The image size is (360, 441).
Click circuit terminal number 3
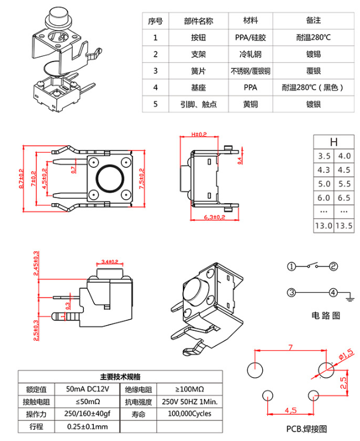pyautogui.click(x=291, y=292)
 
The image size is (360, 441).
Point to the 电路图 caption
pyautogui.click(x=325, y=316)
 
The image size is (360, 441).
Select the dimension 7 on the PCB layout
pyautogui.click(x=289, y=348)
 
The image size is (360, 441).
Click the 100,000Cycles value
pyautogui.click(x=189, y=413)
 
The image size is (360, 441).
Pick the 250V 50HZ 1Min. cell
pyautogui.click(x=189, y=402)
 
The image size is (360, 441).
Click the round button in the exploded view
pyautogui.click(x=57, y=16)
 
